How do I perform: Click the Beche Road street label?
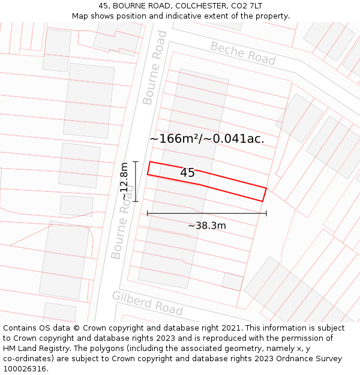[x=242, y=54]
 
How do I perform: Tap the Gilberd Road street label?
[x=147, y=302]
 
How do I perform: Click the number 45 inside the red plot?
[x=187, y=173]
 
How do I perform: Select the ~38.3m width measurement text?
[x=207, y=226]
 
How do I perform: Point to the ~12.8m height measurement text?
[x=124, y=181]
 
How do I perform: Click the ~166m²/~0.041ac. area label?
[x=207, y=139]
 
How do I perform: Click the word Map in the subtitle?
[x=80, y=16]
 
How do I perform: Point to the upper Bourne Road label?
[x=154, y=67]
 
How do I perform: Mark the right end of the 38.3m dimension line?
[x=266, y=213]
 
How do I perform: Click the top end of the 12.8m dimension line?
[x=136, y=161]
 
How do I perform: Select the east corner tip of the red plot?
[x=266, y=188]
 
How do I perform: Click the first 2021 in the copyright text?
[x=232, y=328]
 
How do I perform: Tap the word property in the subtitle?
[x=271, y=16]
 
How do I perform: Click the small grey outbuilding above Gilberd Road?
[x=232, y=281]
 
